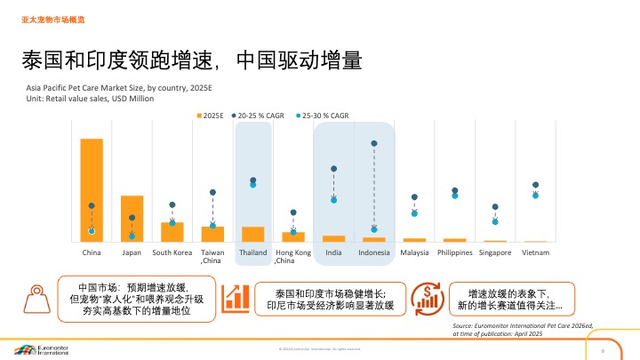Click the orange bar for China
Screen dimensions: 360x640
92,189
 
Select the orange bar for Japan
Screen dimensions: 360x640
132,218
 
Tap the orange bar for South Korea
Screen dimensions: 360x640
172,231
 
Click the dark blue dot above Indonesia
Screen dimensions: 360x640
374,143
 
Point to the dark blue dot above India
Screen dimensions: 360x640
334,168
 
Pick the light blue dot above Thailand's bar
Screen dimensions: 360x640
253,185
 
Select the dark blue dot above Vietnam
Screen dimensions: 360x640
535,185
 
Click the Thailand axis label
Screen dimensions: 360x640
253,253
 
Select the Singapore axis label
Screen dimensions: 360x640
495,253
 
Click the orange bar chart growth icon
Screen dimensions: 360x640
236,298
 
